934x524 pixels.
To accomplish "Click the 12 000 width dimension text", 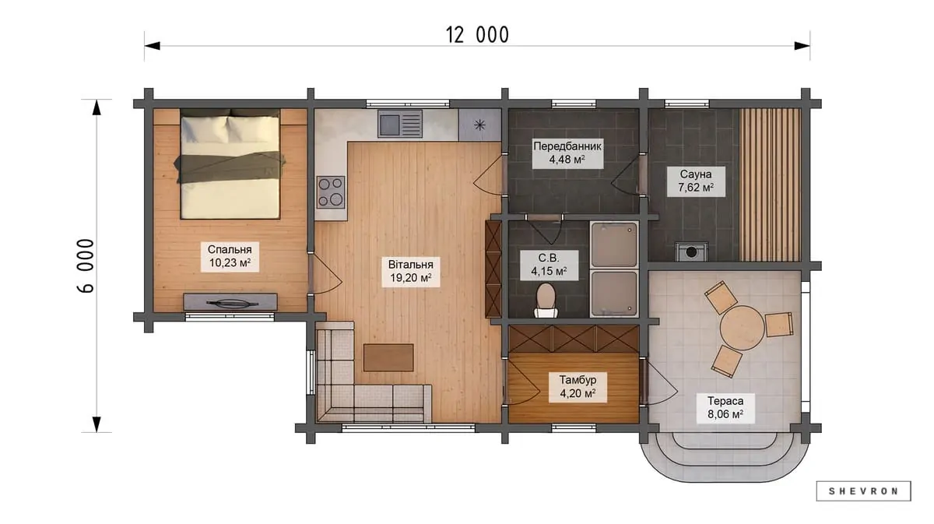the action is point(477,35).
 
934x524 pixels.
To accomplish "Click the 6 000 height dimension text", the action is point(86,266).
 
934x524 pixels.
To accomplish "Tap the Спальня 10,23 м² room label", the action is point(230,256).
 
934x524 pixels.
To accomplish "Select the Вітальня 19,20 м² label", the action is point(411,271).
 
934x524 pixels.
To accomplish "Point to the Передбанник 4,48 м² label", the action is point(567,153).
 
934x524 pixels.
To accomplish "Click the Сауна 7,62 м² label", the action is point(696,181).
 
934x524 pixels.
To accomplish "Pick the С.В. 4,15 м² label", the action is point(549,265).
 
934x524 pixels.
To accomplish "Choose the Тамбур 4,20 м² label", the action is point(578,387).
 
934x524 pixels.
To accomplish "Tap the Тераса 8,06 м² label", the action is point(725,408).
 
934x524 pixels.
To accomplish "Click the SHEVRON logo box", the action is point(863,491).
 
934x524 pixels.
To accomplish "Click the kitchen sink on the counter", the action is point(400,124).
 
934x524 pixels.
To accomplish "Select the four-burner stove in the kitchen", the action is point(331,192).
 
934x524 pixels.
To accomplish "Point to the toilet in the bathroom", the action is point(546,301).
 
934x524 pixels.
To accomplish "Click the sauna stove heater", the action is point(692,251).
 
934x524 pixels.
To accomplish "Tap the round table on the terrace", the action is point(743,328).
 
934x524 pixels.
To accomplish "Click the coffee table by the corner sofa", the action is point(388,357).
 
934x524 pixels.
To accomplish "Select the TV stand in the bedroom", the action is point(230,301).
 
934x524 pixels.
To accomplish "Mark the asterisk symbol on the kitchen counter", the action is point(480,125).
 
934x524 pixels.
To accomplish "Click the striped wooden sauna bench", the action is point(770,185).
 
